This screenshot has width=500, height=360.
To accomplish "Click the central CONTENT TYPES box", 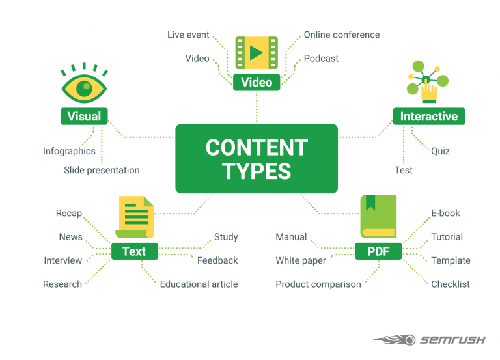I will pos(257,158).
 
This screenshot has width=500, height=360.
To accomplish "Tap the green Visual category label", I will pos(85,117).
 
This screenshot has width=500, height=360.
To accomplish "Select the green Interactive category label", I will pos(428,117).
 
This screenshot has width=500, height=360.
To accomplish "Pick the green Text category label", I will pos(133,251).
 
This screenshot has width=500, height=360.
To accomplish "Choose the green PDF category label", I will pos(378,251).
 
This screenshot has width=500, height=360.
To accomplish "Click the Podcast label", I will pos(321,59).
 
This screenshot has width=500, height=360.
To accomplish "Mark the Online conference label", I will pos(341,35).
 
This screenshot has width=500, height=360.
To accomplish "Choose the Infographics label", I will pos(69,151).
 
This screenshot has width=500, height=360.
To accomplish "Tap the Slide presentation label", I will pos(102,170).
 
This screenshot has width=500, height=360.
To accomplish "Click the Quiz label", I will pos(440,151).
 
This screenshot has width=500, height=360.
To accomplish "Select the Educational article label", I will pos(199,284).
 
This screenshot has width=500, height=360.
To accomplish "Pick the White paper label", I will pos(301,260).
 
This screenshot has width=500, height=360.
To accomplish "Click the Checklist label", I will pos(450,284).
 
